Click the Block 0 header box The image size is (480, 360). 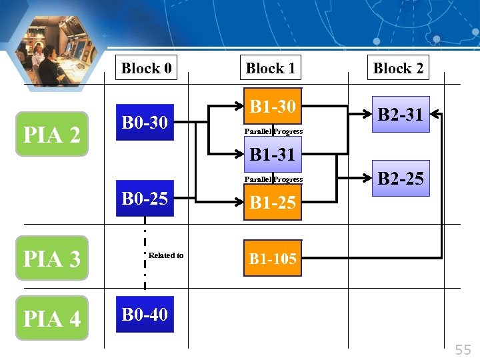tap(146, 68)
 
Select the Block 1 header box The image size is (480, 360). tap(270, 68)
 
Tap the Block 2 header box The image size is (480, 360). tap(398, 68)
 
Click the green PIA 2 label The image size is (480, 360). tap(52, 134)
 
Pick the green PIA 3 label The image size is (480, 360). tap(52, 258)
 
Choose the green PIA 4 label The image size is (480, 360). tap(52, 318)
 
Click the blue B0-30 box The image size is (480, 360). tap(145, 122)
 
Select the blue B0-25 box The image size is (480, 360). tap(145, 198)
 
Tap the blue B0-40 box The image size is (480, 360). tap(145, 314)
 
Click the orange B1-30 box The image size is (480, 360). tap(273, 106)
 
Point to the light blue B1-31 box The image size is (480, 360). tap(273, 155)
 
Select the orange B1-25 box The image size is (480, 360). tap(273, 203)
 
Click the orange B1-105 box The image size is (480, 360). tap(273, 258)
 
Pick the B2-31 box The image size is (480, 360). tap(401, 114)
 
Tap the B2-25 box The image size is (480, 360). tap(401, 178)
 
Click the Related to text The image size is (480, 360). tap(166, 255)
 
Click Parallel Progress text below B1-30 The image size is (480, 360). tap(273, 131)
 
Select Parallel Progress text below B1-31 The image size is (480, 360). tap(273, 179)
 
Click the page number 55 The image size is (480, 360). tap(463, 349)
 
